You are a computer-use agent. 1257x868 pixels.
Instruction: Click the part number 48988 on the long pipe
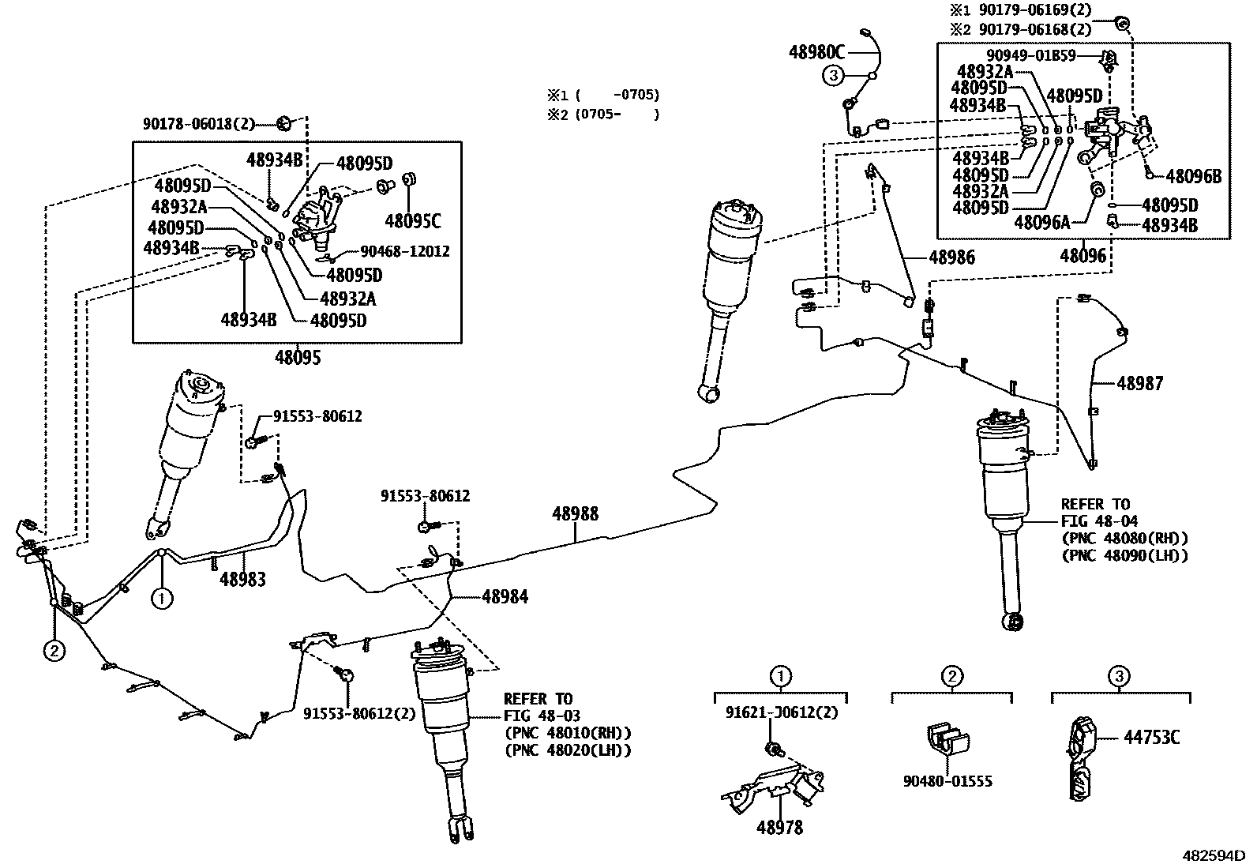coord(575,514)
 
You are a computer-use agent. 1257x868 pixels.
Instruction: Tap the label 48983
coord(242,579)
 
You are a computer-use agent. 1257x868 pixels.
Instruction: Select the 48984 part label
coord(505,596)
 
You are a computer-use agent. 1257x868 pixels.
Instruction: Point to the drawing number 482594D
coord(1213,855)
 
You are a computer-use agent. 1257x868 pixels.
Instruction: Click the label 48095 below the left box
coord(298,357)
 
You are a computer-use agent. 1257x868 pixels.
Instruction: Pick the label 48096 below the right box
coord(1083,256)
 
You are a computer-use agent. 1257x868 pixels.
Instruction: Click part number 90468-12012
coord(404,251)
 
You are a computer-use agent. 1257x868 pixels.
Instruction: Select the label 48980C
coord(816,53)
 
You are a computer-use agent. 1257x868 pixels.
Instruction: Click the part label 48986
coord(951,257)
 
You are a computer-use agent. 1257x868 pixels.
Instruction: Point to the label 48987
coord(1139,383)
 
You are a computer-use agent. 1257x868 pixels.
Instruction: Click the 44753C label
coord(1151,737)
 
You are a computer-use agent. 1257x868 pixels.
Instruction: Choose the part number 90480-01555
coord(947,782)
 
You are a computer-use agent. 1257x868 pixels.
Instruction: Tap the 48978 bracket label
coord(779,828)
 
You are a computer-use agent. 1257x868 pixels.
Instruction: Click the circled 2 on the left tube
coord(54,651)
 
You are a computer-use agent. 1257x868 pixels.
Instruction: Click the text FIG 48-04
coord(1095,521)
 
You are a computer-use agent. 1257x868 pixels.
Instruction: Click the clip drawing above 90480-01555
coord(946,739)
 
